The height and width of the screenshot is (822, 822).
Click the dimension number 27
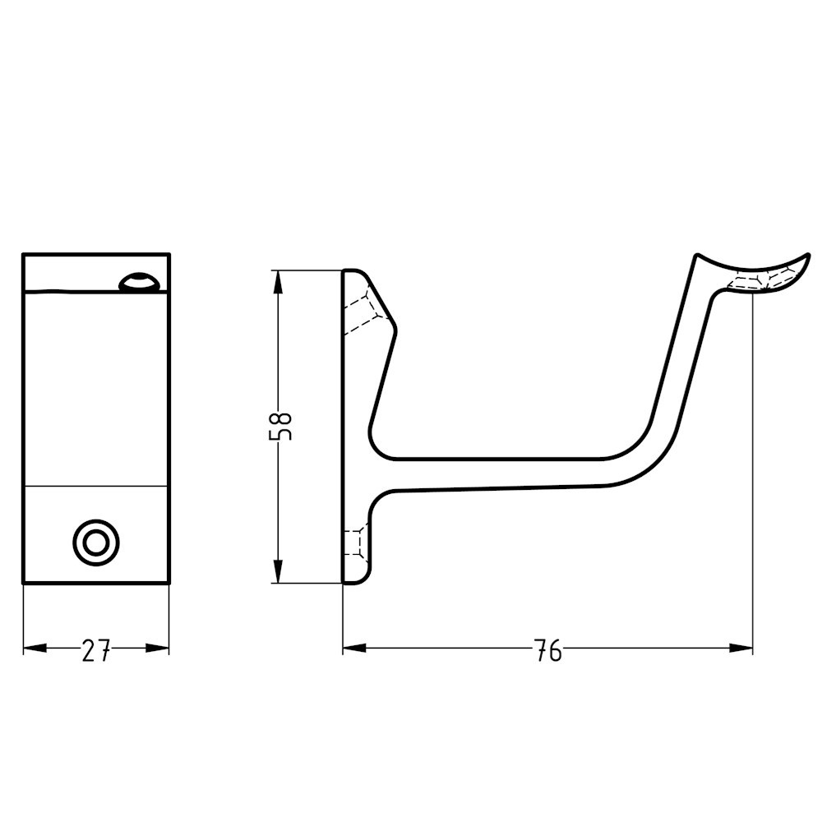(96, 651)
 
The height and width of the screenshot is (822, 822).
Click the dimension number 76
(547, 651)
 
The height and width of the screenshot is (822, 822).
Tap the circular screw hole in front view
(96, 542)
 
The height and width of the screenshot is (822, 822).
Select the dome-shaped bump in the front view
(139, 282)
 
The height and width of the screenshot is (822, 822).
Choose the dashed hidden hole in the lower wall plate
(355, 543)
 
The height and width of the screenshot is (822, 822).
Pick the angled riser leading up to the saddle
(677, 362)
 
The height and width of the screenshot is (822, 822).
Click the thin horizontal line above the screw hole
(96, 487)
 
